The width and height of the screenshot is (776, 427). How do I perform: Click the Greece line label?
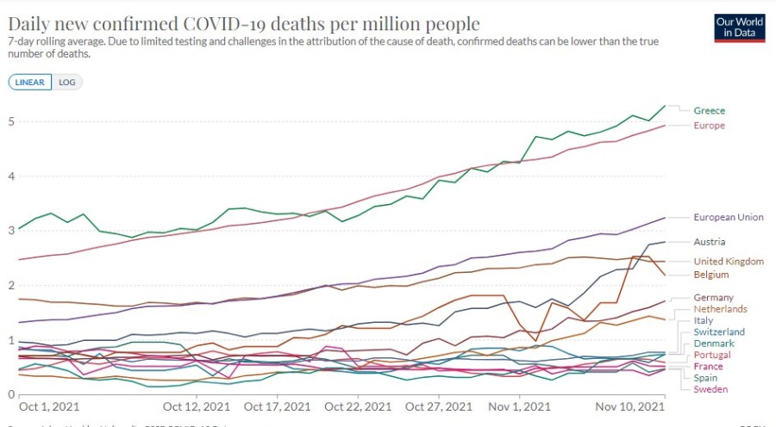pos(709,110)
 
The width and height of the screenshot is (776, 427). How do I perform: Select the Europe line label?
pos(709,126)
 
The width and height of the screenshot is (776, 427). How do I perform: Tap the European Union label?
pos(728,217)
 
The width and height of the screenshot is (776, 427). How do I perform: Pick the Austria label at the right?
pos(709,242)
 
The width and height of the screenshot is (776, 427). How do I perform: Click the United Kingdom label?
pos(729,261)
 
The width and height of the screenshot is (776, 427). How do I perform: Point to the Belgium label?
pos(711,275)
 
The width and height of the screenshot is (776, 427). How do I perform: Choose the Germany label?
pos(713,297)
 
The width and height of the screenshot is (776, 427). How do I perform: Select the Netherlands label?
pos(720,309)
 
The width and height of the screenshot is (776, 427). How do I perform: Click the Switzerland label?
pos(719,331)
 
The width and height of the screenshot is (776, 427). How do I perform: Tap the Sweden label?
pos(710,389)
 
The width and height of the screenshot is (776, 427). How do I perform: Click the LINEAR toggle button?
pos(30,82)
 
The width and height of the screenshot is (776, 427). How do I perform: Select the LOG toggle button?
pos(66,82)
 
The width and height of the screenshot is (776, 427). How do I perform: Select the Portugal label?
pos(712,355)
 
